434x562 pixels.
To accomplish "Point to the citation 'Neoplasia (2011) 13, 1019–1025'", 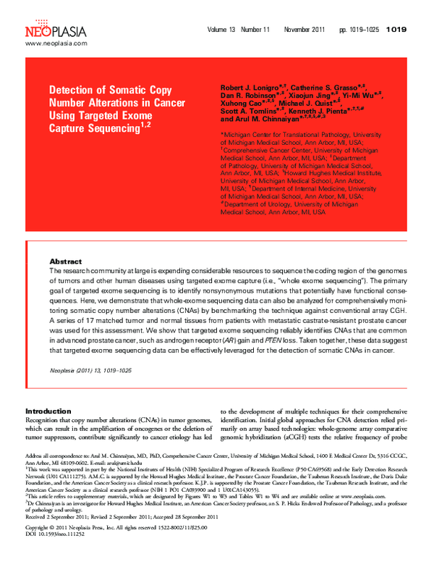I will [90, 370].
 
